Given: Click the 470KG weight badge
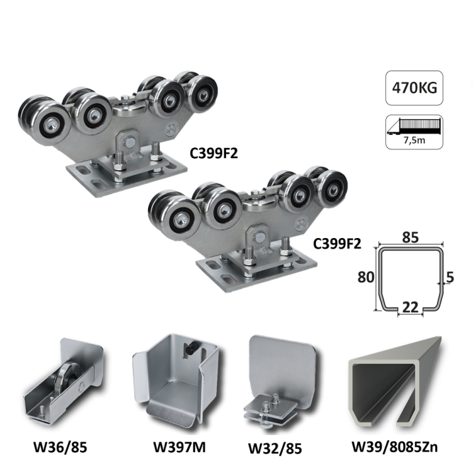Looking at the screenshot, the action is click(x=414, y=88).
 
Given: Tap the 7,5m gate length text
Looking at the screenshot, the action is click(x=414, y=140).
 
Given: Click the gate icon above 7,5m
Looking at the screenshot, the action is click(x=414, y=126).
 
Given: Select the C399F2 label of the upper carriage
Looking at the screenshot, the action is click(x=214, y=153).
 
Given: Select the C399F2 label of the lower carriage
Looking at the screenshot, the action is click(x=337, y=243).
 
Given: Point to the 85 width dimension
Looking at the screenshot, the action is click(x=411, y=237).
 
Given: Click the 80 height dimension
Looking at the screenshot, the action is click(x=366, y=277).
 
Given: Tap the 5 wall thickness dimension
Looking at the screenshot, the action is click(x=450, y=277).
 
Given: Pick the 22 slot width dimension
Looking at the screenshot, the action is click(x=410, y=307).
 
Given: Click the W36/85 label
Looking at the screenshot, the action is click(x=60, y=447).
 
